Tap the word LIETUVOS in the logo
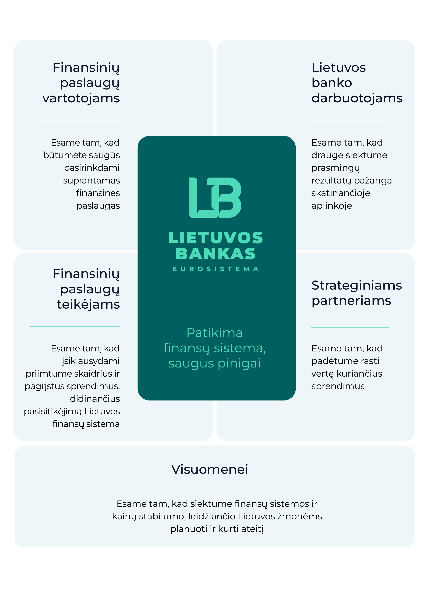point(215,238)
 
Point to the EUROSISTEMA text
point(215,269)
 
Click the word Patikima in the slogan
point(215,333)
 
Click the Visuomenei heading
point(210,469)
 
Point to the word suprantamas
point(91,181)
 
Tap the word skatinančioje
point(341,193)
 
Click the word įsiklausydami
point(91,361)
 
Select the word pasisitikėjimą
point(53,412)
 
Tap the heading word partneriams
point(351,301)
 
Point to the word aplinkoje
point(332,206)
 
